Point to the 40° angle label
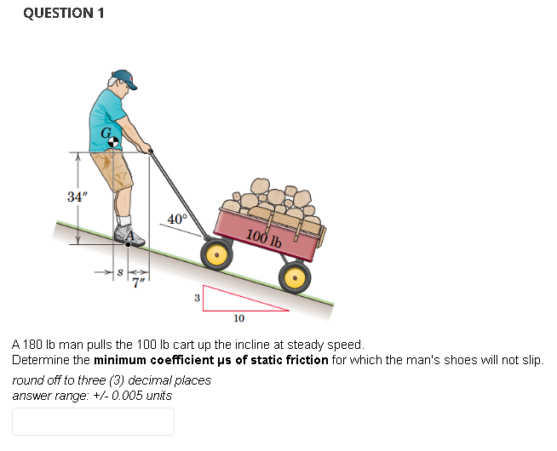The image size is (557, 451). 177,219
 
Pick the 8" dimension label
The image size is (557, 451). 120,274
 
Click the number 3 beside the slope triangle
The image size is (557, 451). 197,298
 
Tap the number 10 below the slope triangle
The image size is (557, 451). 238,318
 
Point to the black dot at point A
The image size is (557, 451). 129,244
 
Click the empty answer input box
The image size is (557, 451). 93,421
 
